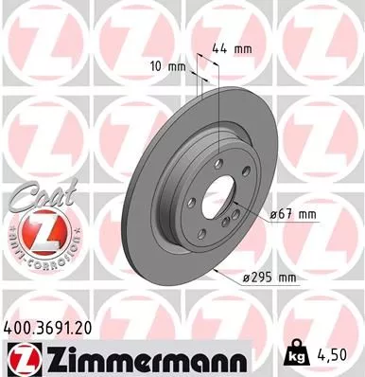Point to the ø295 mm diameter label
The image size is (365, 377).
[x=269, y=278]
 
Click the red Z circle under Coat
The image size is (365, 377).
[x=39, y=232]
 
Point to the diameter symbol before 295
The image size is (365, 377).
[x=245, y=278]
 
